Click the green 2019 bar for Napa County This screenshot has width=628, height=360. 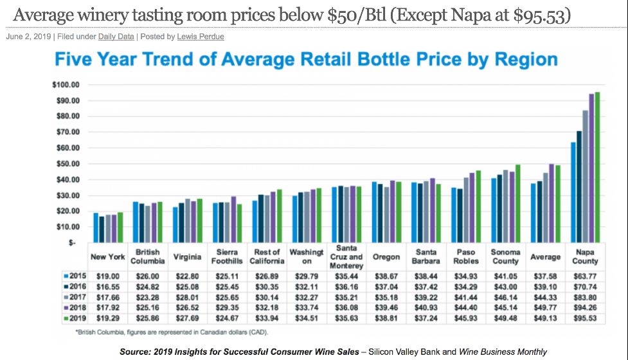click(x=597, y=167)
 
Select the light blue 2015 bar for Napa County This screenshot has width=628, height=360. click(x=572, y=192)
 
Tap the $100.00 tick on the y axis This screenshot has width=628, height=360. click(x=66, y=85)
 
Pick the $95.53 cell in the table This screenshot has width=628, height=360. click(x=584, y=319)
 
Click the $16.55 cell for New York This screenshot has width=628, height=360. click(x=107, y=287)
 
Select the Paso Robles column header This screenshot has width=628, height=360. click(x=466, y=257)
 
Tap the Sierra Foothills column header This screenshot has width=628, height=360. click(x=227, y=257)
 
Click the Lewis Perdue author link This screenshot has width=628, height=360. click(x=201, y=37)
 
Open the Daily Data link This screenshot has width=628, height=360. click(x=116, y=37)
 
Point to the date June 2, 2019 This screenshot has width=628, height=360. click(x=28, y=37)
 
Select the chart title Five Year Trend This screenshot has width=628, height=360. click(x=306, y=60)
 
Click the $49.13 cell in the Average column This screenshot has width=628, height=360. click(x=545, y=319)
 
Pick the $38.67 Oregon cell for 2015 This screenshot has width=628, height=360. click(x=386, y=276)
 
